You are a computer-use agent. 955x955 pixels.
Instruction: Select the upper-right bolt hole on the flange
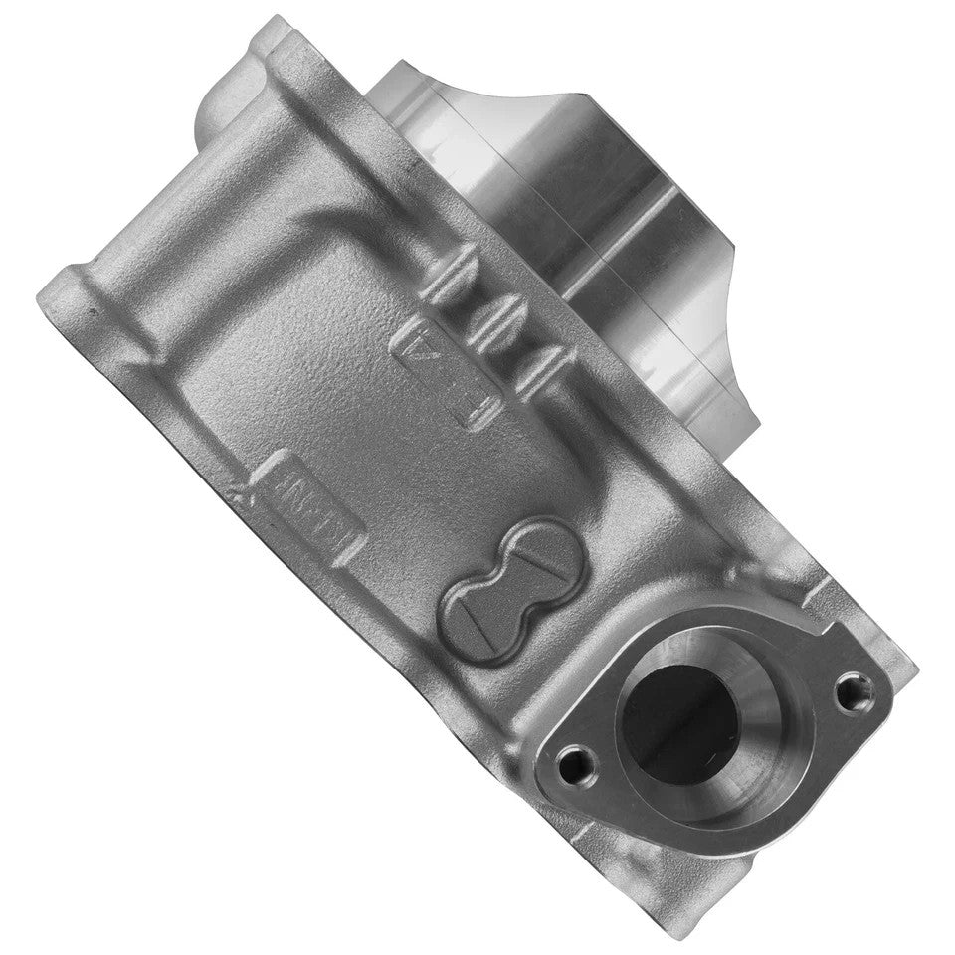859,687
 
